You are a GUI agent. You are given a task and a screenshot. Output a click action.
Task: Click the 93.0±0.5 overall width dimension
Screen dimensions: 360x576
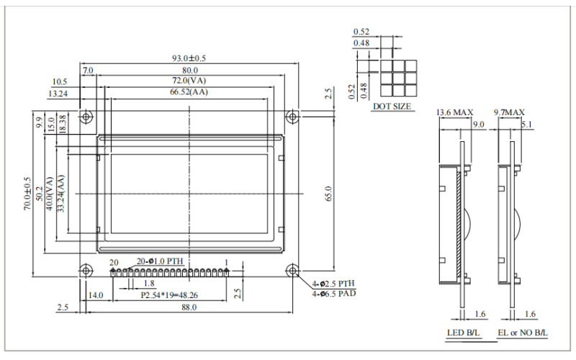point(189,58)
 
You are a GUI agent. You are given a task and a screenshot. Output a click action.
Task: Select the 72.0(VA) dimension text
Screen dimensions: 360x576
point(189,80)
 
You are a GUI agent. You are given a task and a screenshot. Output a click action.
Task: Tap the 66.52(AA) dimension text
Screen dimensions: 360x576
point(189,92)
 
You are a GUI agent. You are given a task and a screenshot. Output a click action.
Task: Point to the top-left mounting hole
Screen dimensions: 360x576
point(86,116)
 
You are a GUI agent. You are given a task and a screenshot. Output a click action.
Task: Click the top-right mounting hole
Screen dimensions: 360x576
point(293,116)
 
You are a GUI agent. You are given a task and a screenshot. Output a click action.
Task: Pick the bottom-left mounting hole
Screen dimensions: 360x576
point(86,270)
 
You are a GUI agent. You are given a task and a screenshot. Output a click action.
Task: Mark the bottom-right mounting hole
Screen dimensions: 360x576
point(293,270)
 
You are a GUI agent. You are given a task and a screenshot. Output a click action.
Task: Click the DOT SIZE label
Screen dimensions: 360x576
point(392,107)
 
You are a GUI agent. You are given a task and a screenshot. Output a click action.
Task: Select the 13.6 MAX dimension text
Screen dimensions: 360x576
point(454,112)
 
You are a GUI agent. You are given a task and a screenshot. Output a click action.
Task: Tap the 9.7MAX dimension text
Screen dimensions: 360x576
point(509,112)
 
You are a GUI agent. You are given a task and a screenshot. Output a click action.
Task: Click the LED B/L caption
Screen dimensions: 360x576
point(461,333)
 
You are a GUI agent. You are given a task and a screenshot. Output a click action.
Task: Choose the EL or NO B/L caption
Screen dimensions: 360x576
point(522,333)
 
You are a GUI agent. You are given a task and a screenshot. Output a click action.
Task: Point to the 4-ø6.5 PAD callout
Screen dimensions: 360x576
point(333,293)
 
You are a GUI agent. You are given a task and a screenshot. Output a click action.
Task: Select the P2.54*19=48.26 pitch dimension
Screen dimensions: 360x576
point(170,295)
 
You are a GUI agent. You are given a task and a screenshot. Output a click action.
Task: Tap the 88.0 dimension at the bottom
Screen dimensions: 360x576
point(189,307)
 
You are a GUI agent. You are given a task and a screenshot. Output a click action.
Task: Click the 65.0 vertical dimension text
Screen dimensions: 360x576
point(329,193)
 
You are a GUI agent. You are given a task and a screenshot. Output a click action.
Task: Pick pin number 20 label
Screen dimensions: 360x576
point(113,261)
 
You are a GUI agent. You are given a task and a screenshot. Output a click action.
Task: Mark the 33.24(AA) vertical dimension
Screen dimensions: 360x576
point(61,193)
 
